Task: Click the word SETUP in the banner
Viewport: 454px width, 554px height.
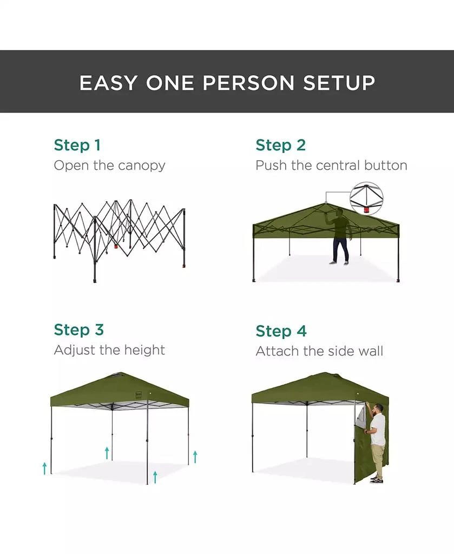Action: pos(339,83)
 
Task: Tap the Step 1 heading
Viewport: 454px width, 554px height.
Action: pos(77,145)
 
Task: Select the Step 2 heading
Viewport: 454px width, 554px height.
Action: pos(280,145)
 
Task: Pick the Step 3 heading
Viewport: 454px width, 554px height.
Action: pos(78,329)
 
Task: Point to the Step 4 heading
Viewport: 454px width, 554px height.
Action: pos(281,331)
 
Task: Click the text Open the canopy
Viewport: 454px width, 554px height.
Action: pos(109,165)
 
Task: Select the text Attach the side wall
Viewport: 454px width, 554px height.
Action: pos(319,351)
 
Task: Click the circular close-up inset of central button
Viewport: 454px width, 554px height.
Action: pos(366,198)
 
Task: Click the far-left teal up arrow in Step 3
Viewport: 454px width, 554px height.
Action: pos(44,468)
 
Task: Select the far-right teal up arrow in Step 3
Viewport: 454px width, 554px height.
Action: pos(195,456)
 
